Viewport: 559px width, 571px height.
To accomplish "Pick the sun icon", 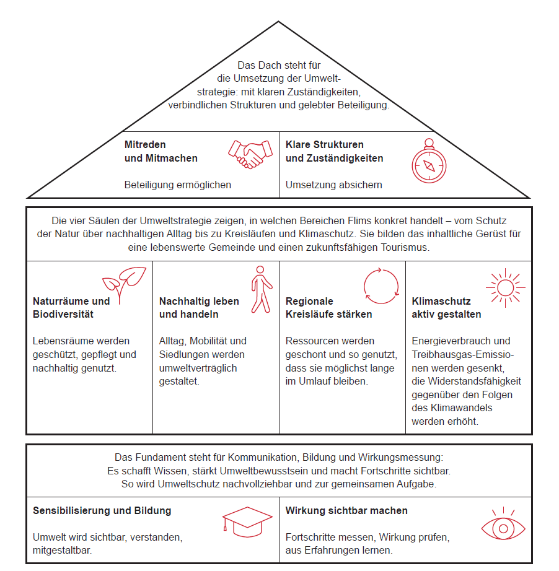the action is [506, 288].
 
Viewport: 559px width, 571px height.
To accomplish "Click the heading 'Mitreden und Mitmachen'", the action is [161, 152].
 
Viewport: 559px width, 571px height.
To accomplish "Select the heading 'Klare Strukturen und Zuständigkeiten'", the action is [334, 152].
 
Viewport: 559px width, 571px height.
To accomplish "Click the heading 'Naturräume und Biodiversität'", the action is [71, 308].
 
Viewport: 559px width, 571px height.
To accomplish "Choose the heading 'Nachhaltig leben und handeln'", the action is [199, 308].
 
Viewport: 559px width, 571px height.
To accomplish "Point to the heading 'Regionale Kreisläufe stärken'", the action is [328, 308].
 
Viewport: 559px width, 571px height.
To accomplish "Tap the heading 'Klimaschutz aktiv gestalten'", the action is [446, 308].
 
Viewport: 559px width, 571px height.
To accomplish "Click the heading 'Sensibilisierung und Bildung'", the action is [102, 510].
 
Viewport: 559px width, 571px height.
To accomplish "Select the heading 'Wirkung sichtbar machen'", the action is [346, 510].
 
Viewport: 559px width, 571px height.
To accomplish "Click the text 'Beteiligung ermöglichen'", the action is [177, 185].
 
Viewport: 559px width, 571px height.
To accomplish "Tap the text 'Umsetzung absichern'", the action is [333, 185].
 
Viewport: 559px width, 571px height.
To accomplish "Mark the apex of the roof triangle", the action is [278, 22].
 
